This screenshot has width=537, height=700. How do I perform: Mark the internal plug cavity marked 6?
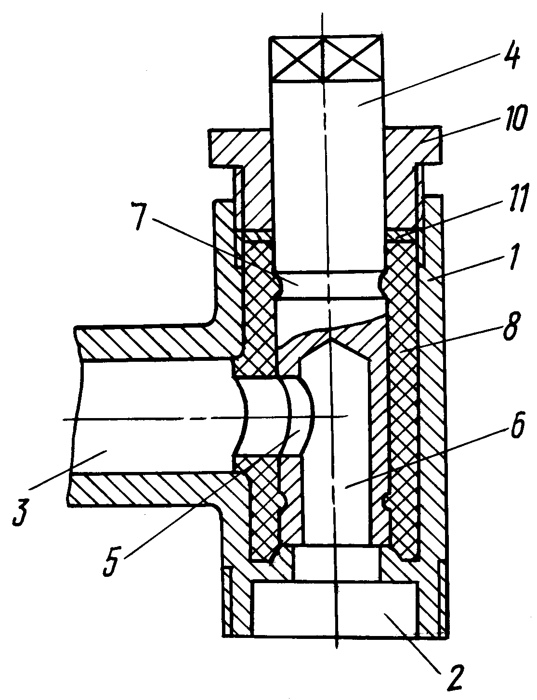click(x=335, y=451)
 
